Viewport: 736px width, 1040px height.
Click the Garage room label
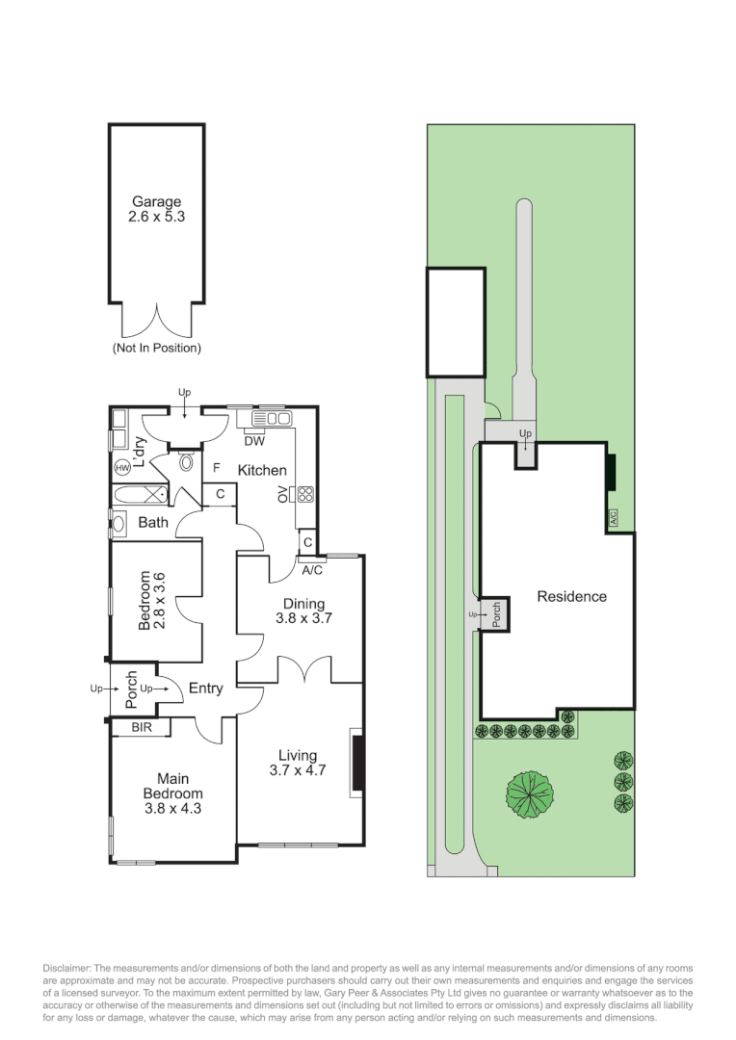pyautogui.click(x=157, y=201)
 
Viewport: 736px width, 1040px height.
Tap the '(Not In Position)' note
pyautogui.click(x=157, y=348)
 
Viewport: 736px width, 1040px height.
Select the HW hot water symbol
pyautogui.click(x=122, y=468)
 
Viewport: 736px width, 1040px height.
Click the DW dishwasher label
pyautogui.click(x=254, y=441)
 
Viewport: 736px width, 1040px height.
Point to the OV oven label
pyautogui.click(x=282, y=493)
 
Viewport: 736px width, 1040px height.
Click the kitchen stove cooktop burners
pyautogui.click(x=305, y=493)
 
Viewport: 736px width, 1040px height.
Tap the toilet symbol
pyautogui.click(x=187, y=461)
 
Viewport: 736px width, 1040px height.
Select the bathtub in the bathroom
pyautogui.click(x=141, y=494)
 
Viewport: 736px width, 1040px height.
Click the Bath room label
pyautogui.click(x=153, y=523)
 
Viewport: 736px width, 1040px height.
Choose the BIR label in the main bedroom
pyautogui.click(x=142, y=728)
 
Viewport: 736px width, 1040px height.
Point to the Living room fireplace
pyautogui.click(x=357, y=763)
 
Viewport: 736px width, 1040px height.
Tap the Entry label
pyautogui.click(x=206, y=689)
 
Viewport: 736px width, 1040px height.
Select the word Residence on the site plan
pyautogui.click(x=572, y=596)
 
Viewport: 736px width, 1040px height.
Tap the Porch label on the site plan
pyautogui.click(x=496, y=614)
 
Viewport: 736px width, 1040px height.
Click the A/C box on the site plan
pyautogui.click(x=613, y=517)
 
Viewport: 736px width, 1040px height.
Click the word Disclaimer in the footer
pyautogui.click(x=67, y=969)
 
